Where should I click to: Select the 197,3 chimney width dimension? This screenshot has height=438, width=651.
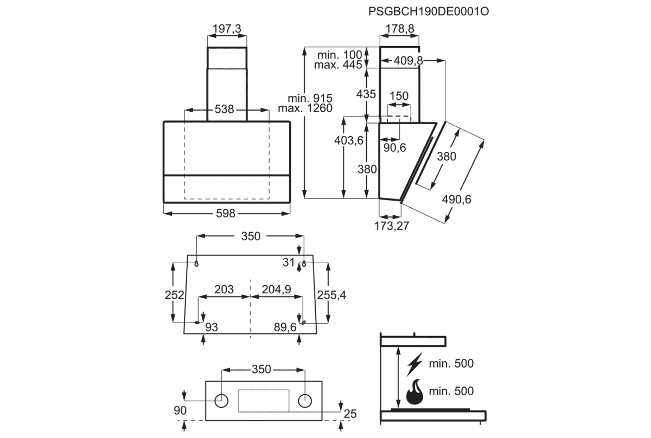[227, 29]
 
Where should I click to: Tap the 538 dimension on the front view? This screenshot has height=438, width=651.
[224, 110]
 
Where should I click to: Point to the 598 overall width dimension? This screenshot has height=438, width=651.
[225, 214]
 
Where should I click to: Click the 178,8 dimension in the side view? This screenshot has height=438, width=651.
[400, 29]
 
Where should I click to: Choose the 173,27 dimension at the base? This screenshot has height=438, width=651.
[391, 226]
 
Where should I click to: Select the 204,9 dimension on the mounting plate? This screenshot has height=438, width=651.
[276, 289]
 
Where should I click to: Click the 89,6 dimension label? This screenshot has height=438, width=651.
[285, 327]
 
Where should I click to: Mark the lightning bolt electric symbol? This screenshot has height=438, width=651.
[415, 363]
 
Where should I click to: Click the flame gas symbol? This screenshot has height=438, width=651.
[415, 391]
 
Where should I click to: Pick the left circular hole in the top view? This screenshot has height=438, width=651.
[221, 400]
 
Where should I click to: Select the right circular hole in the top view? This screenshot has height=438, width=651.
[305, 400]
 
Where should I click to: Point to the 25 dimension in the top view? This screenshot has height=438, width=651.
[350, 414]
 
